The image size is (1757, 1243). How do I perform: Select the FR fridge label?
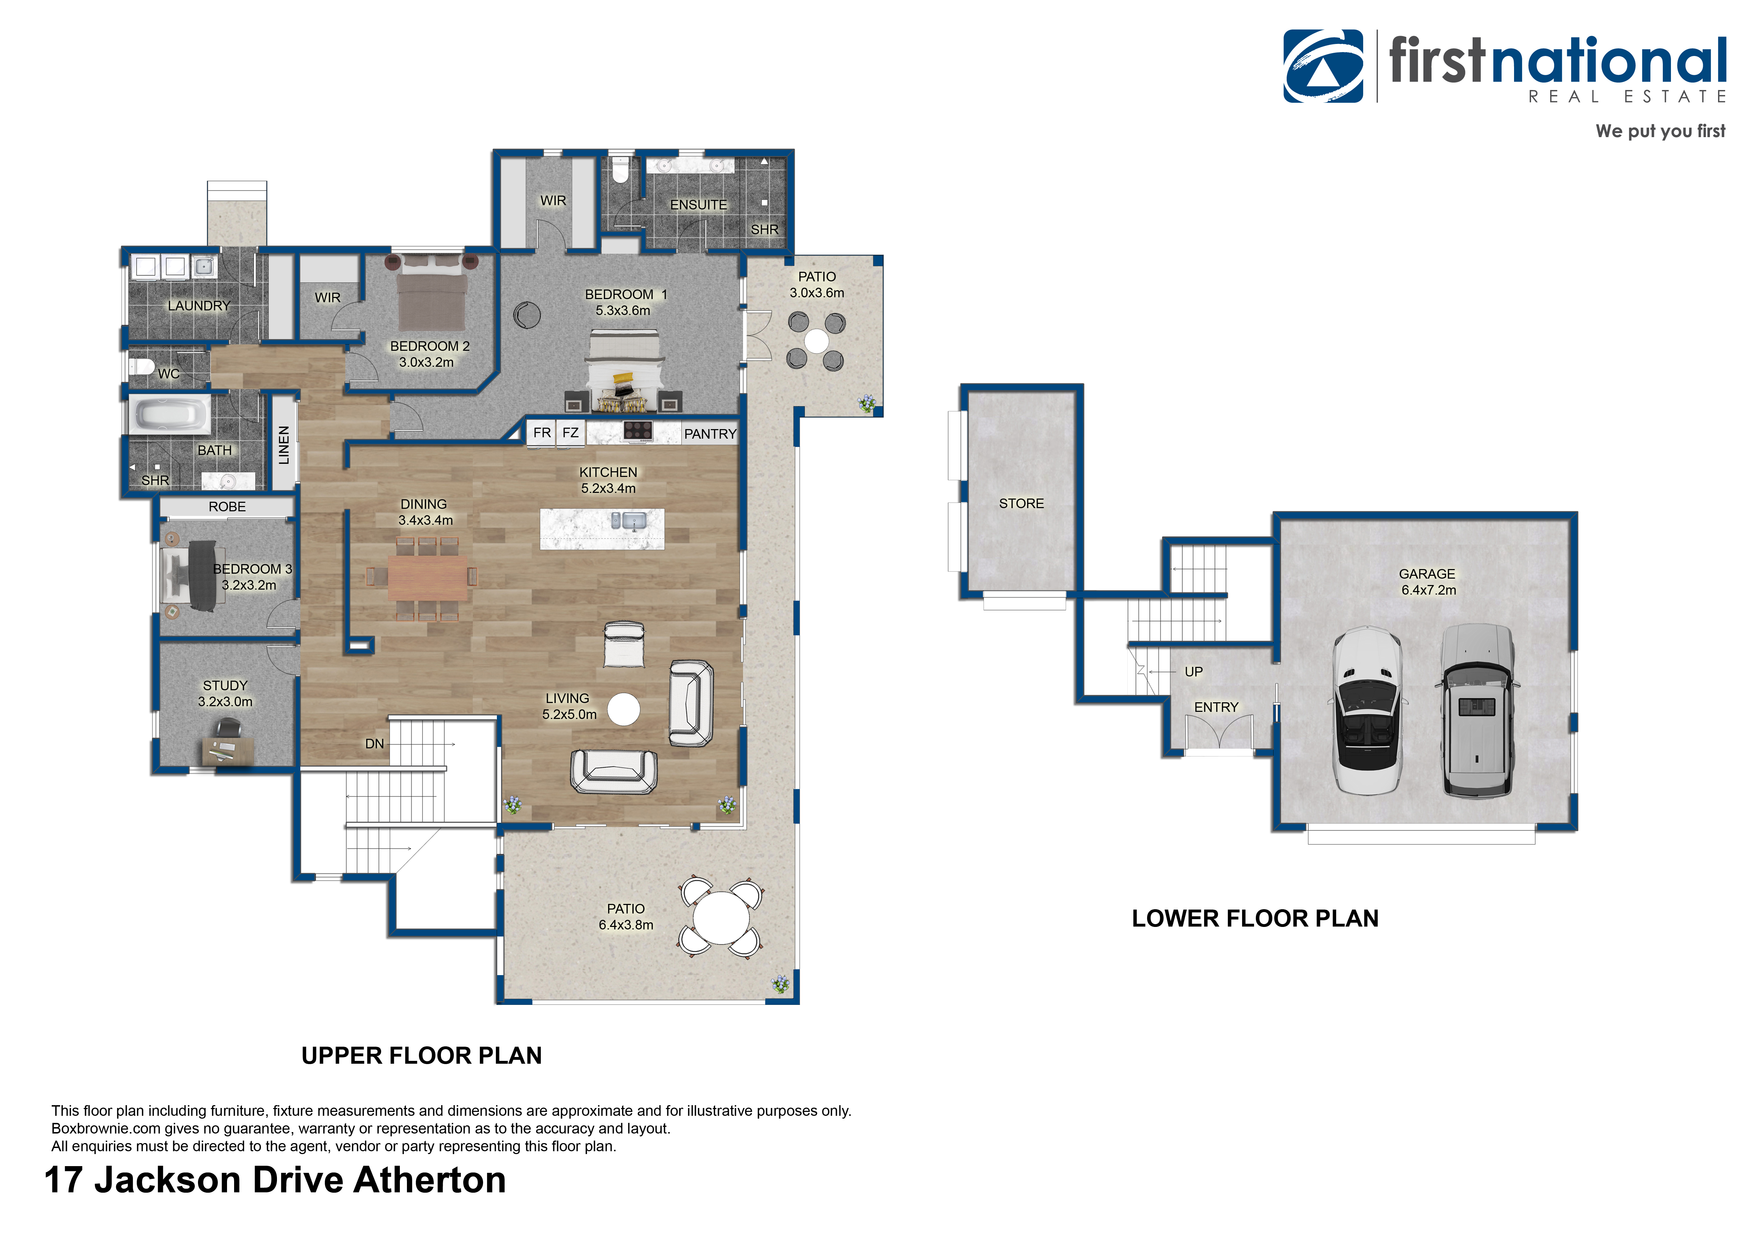coord(542,432)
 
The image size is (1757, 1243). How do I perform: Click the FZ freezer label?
coord(570,432)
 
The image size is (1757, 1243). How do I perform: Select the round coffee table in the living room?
coord(624,709)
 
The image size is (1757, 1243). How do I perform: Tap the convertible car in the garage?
coord(1367,710)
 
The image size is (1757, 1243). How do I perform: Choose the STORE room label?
coord(1021,504)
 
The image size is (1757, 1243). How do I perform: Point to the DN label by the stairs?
coord(374,744)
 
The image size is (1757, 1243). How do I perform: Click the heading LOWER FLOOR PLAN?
coord(1255,918)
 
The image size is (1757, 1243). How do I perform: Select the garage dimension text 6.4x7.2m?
coord(1428,590)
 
